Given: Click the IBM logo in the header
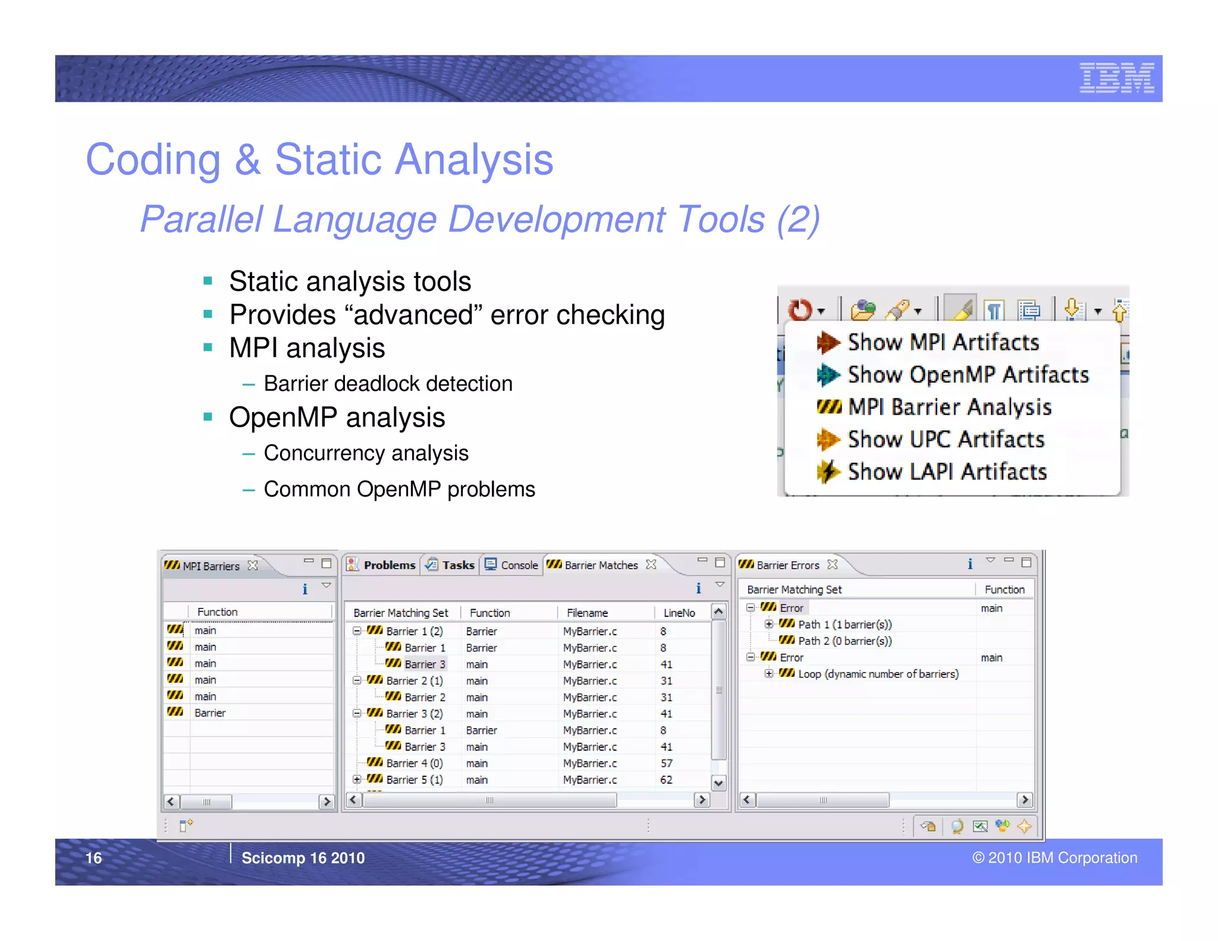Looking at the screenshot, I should pos(1116,78).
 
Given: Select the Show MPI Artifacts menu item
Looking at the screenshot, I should pos(943,343).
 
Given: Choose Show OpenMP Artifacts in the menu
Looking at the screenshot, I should pos(968,375).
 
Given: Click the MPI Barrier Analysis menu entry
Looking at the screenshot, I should pos(949,407).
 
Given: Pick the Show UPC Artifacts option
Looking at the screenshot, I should pos(946,440).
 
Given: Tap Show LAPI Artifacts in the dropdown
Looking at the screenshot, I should pos(947,472).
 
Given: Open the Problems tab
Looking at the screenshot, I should pos(389,565).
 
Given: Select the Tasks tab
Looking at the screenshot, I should pos(457,565).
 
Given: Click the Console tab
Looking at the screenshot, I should pos(519,565).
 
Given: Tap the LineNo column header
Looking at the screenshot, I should pos(679,613).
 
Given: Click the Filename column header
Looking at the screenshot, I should pos(587,613).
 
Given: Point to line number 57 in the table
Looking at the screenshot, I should pos(666,763).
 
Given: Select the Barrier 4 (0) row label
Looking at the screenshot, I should pos(414,763).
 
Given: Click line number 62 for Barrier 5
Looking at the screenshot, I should pos(666,780).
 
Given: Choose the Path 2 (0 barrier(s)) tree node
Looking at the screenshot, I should pos(845,641).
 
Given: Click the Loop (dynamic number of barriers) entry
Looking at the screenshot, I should pos(878,674).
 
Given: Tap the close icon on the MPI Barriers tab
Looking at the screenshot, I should pos(253,565).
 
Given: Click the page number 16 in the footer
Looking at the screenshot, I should pos(93,858).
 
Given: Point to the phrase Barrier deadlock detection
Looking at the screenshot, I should pos(388,384).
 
